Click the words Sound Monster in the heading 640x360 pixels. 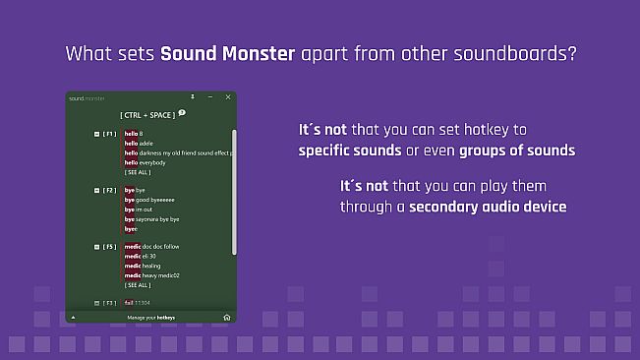pos(227,53)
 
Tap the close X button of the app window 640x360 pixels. pos(228,97)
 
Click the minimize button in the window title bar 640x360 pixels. pos(210,97)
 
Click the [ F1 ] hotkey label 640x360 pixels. pos(110,133)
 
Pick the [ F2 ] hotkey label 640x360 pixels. pos(110,190)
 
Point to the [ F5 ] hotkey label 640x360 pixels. pos(110,247)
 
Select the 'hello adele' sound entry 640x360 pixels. pos(139,143)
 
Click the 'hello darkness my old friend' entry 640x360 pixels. pos(177,152)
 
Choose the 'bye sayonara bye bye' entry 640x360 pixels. pos(151,218)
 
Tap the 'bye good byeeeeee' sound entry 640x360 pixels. pos(147,200)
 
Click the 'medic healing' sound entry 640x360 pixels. pos(143,266)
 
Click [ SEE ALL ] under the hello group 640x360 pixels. pos(138,172)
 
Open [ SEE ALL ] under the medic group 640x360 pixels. pos(138,285)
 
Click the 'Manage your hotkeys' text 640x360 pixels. pos(152,319)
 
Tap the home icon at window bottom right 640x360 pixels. pos(227,318)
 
